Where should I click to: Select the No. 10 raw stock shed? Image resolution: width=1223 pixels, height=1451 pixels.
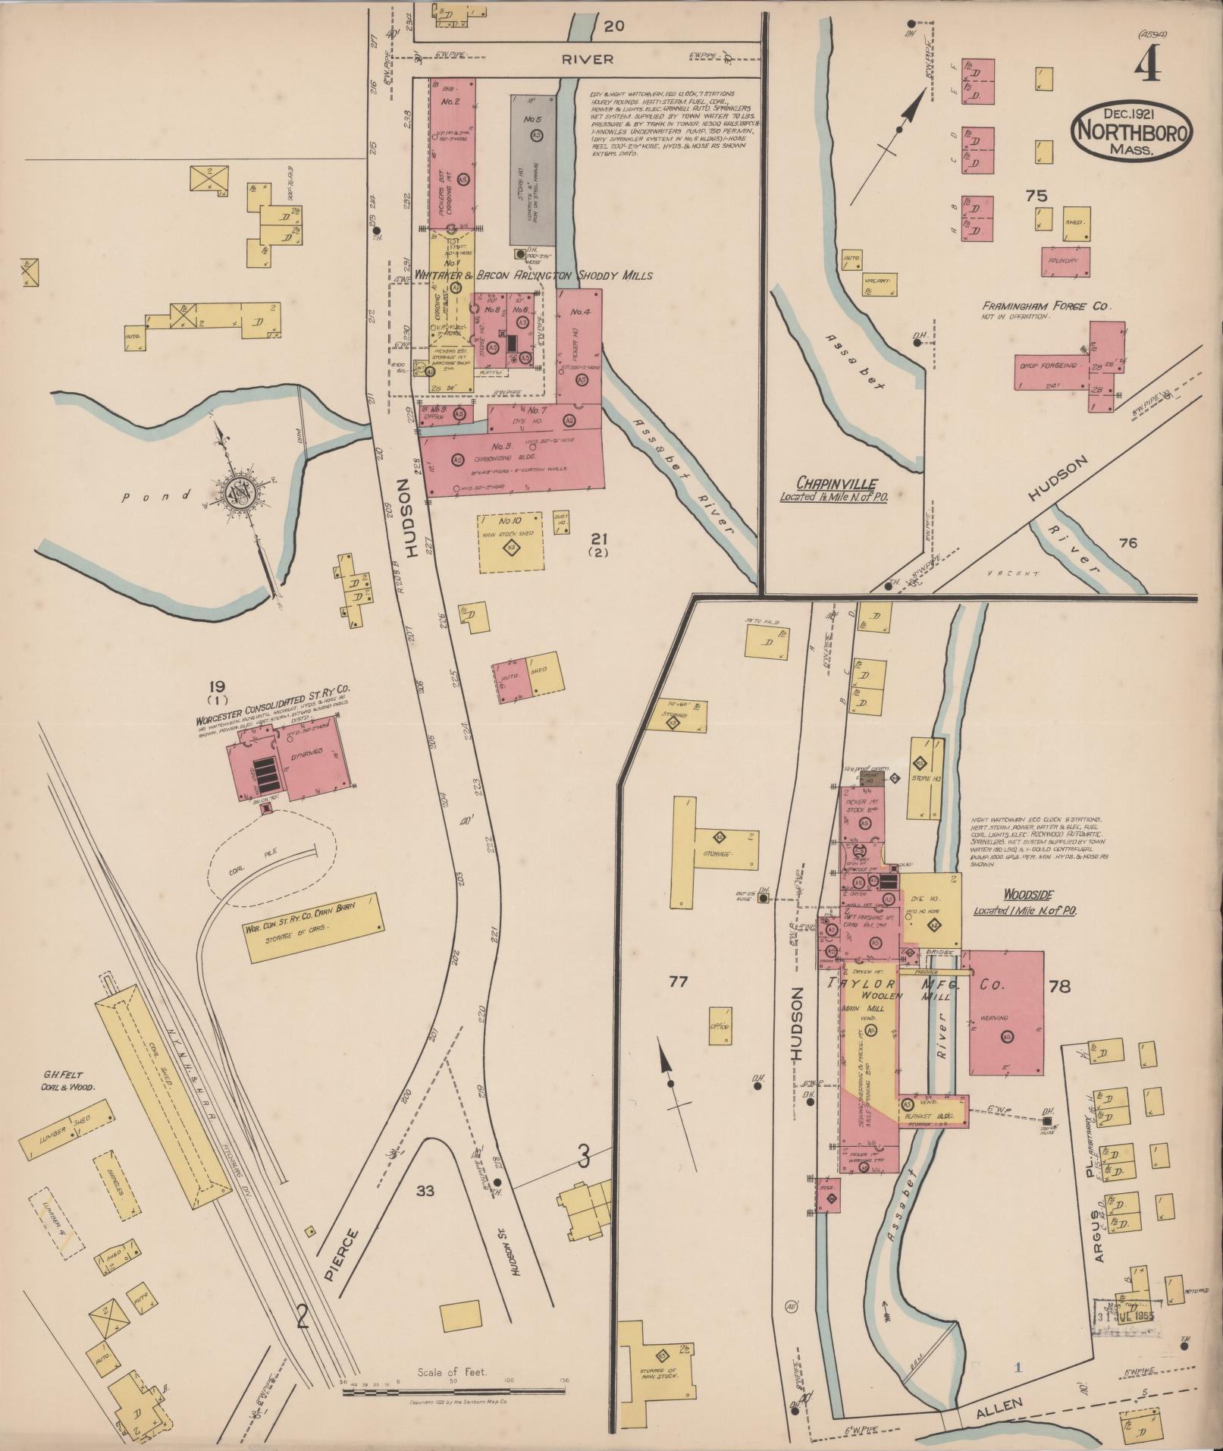coord(510,545)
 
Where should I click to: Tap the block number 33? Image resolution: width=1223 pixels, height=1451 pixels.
coord(425,1191)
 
